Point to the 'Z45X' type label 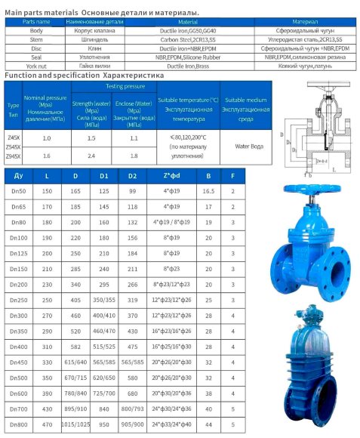pyautogui.click(x=14, y=137)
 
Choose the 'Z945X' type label pyautogui.click(x=14, y=156)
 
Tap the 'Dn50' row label pyautogui.click(x=18, y=192)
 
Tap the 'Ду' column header pyautogui.click(x=18, y=176)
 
